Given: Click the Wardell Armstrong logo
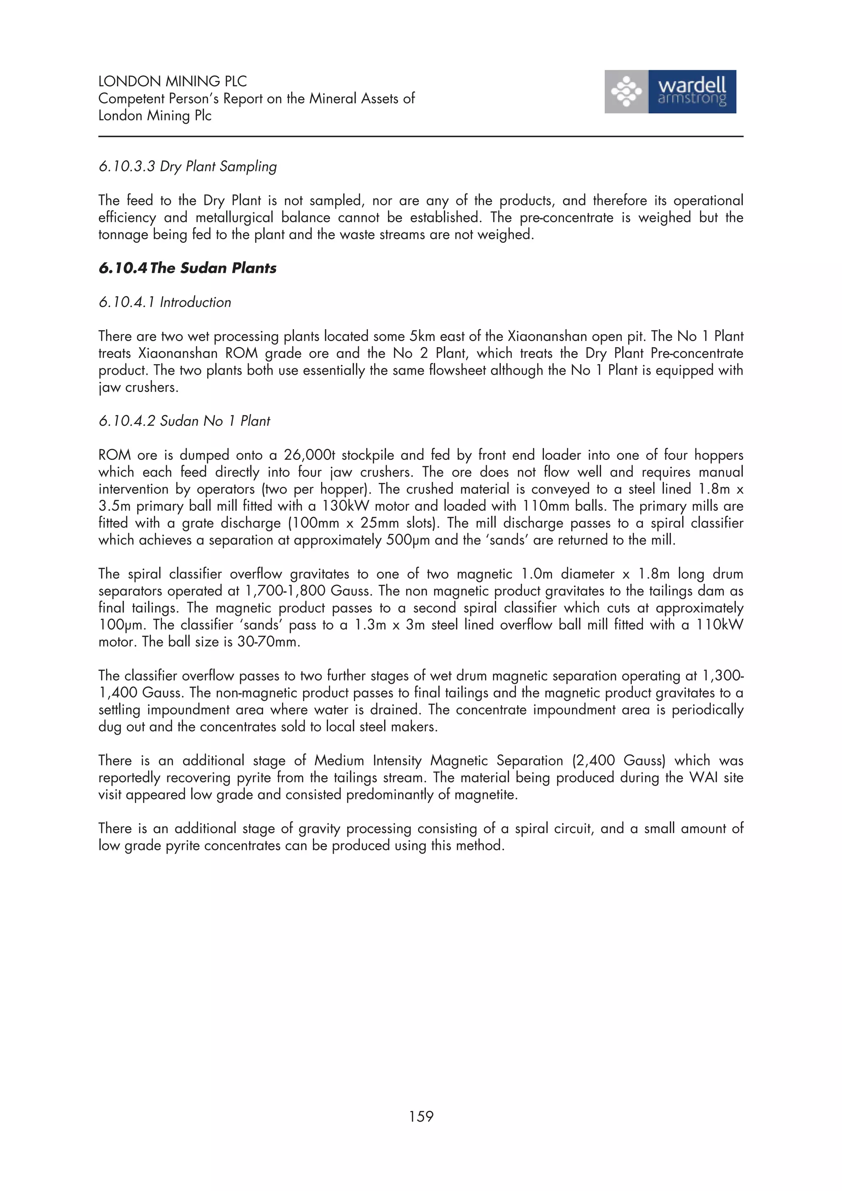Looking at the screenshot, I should click(x=670, y=92).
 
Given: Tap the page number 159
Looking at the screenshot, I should click(x=421, y=1116).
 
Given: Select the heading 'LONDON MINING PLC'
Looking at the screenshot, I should click(x=172, y=81).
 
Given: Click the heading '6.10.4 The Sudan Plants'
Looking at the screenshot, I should click(x=187, y=268).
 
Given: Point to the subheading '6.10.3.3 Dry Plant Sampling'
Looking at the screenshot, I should click(x=187, y=166).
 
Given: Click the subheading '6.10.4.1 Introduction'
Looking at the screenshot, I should click(x=164, y=302).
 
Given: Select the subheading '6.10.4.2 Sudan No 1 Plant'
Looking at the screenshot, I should click(x=184, y=421).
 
